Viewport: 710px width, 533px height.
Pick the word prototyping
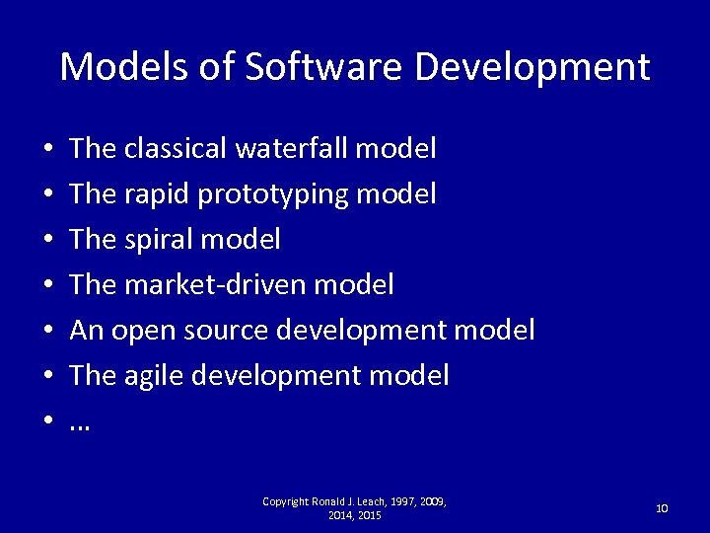coord(273,194)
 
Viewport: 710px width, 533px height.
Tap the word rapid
coord(158,194)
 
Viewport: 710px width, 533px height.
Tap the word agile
coord(158,376)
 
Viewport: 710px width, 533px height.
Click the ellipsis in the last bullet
coord(80,422)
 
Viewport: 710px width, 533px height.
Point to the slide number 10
coord(662,508)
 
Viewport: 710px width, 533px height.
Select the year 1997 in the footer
coord(404,501)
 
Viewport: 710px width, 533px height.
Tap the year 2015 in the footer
coord(368,515)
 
